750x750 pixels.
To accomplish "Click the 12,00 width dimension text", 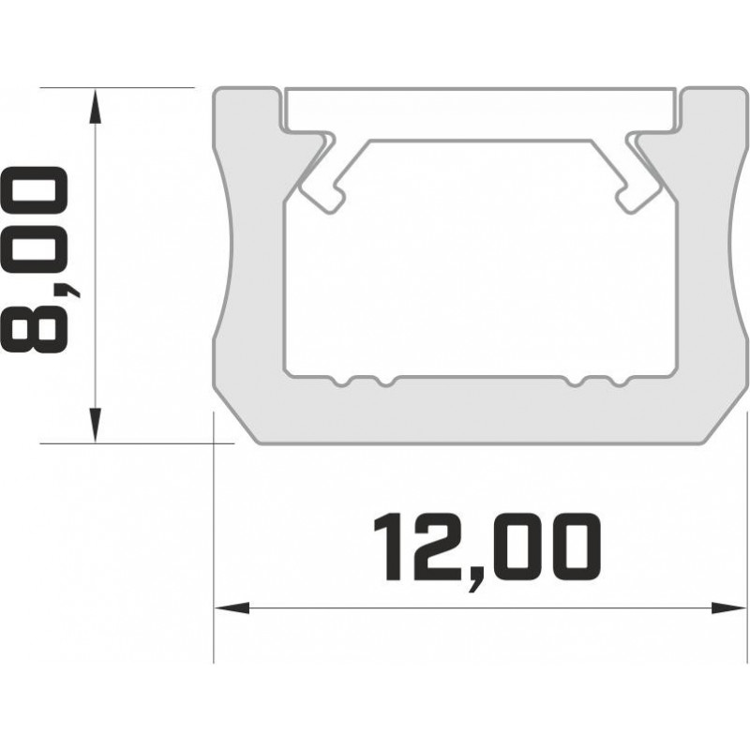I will [x=485, y=547].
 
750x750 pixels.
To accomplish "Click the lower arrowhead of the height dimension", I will [x=95, y=424].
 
